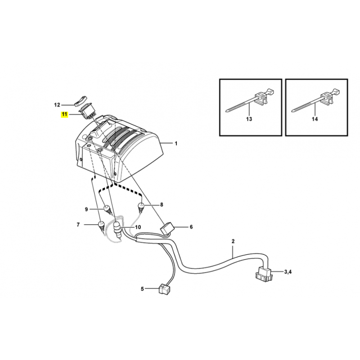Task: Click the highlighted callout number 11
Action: click(64, 114)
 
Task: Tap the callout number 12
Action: click(57, 105)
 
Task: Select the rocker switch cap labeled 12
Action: click(81, 100)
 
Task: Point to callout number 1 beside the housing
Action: click(176, 144)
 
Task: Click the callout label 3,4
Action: click(288, 272)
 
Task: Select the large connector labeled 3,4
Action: click(263, 274)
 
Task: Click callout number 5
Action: click(142, 289)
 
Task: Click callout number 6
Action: click(191, 227)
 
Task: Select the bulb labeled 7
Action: click(101, 226)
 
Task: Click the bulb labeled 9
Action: click(108, 209)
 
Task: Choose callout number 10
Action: click(138, 227)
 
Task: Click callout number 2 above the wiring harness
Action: click(233, 241)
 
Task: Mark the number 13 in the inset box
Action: click(249, 119)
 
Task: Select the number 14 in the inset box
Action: click(315, 119)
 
